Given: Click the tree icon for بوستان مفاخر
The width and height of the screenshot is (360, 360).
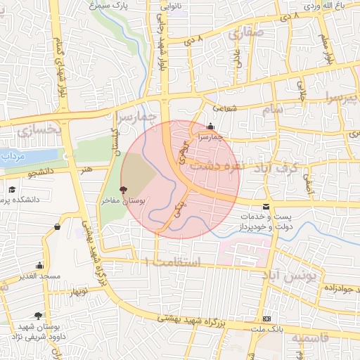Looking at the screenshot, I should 124,189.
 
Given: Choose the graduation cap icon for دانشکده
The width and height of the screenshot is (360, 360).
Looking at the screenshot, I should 12,189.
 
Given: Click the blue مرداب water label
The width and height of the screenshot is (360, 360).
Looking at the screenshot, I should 12,155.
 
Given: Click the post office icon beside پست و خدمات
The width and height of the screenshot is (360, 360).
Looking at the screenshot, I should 265,206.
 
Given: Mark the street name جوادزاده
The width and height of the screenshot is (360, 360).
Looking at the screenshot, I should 335,288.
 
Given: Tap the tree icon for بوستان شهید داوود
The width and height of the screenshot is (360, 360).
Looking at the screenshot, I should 37,316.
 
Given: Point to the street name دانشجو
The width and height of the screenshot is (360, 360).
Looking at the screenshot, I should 41,171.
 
